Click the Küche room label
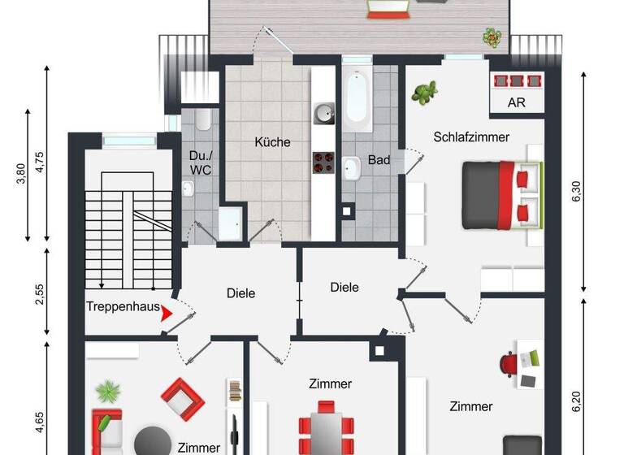pos(272,142)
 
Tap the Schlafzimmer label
pos(471,137)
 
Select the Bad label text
pos(379,160)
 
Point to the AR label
pos(516,103)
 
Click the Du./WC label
pos(200,162)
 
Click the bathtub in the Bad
pos(356,101)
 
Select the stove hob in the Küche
pos(323,162)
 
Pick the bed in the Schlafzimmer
pos(500,193)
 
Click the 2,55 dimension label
pos(39,292)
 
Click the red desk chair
pos(509,362)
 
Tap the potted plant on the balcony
pos(492,37)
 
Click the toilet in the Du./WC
pos(203,121)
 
